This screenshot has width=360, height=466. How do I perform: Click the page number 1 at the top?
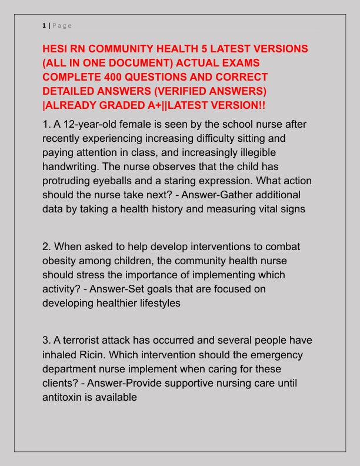(44, 25)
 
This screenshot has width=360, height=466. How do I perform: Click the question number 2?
(46, 247)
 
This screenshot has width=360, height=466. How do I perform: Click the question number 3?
(46, 341)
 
